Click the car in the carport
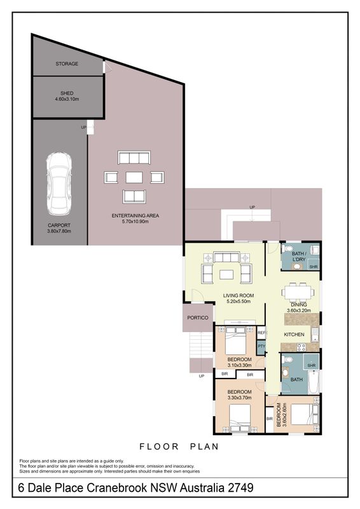pos(59,183)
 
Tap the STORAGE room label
pos(67,64)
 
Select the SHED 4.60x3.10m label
pos(67,96)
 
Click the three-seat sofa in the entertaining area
pos(134,158)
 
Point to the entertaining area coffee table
pos(134,178)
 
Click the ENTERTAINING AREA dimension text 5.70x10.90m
pos(135,221)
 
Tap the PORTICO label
pos(198,317)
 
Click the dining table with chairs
pos(298,292)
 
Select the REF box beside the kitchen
pos(261,333)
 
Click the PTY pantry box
pos(261,346)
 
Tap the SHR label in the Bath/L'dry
pos(314,267)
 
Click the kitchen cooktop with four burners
pos(301,347)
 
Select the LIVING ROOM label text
pos(239,295)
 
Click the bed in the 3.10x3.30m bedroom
pos(236,341)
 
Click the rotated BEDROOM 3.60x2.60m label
pos(282,415)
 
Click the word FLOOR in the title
pos(159,447)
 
